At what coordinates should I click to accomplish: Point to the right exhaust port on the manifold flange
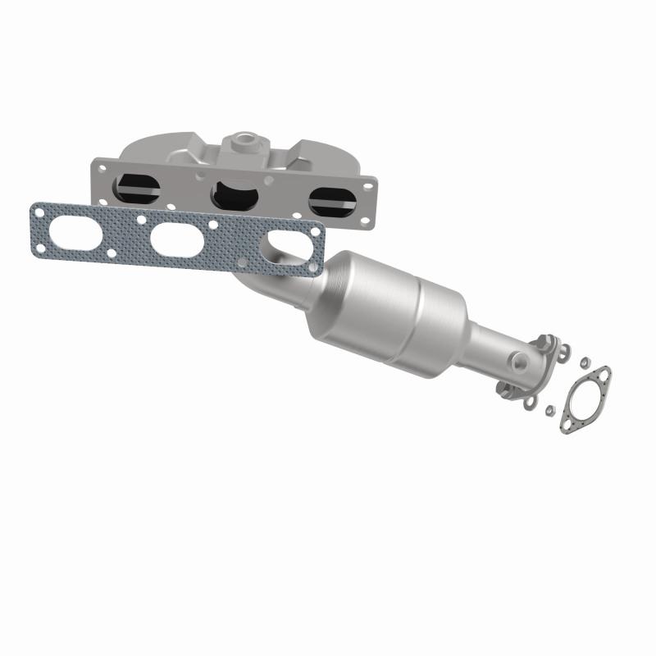coord(332,202)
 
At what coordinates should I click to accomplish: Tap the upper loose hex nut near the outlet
coord(584,362)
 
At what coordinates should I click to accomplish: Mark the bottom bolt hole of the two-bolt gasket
coord(568,425)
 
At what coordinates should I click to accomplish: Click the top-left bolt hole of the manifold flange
coord(102,167)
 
